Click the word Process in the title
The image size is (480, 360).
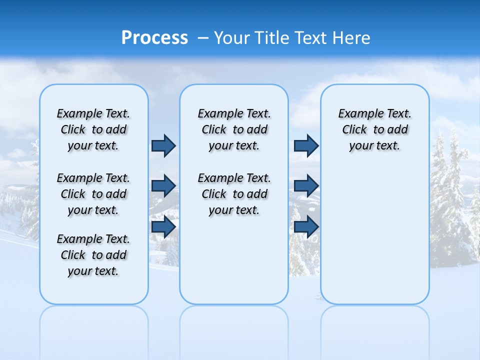coord(154,38)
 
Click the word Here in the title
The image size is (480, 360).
coord(351,38)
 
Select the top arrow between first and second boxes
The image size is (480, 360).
coord(163,145)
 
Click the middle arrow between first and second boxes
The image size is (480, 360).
coord(163,186)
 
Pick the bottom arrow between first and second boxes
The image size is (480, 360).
coord(163,227)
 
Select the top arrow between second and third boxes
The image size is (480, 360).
coord(306,145)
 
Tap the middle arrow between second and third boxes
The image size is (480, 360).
coord(306,186)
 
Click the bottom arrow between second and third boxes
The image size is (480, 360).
coord(306,227)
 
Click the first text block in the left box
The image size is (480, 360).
coord(93,129)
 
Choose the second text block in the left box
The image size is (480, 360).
coord(93,194)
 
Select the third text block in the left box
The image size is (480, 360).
coord(93,255)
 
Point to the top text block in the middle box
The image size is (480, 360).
coord(234,129)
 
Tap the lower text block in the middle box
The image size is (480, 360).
coord(234,194)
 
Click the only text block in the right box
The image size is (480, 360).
coord(375,129)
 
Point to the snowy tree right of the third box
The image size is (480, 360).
coord(450,200)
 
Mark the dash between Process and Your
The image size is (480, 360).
coord(203,38)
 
